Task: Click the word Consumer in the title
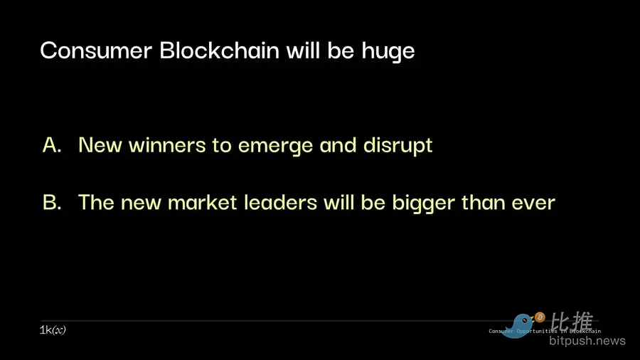(96, 51)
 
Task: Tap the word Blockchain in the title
(220, 50)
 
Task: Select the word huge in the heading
(388, 52)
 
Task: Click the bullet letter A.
(52, 144)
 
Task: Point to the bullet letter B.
(52, 202)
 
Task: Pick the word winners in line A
(167, 145)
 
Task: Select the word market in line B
(203, 203)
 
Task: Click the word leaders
(280, 202)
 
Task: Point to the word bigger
(423, 203)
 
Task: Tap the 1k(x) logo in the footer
(53, 330)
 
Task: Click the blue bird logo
(518, 326)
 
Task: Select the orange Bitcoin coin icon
(540, 317)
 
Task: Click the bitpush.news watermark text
(587, 341)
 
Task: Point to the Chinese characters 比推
(572, 322)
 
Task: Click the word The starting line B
(96, 202)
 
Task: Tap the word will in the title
(303, 50)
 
